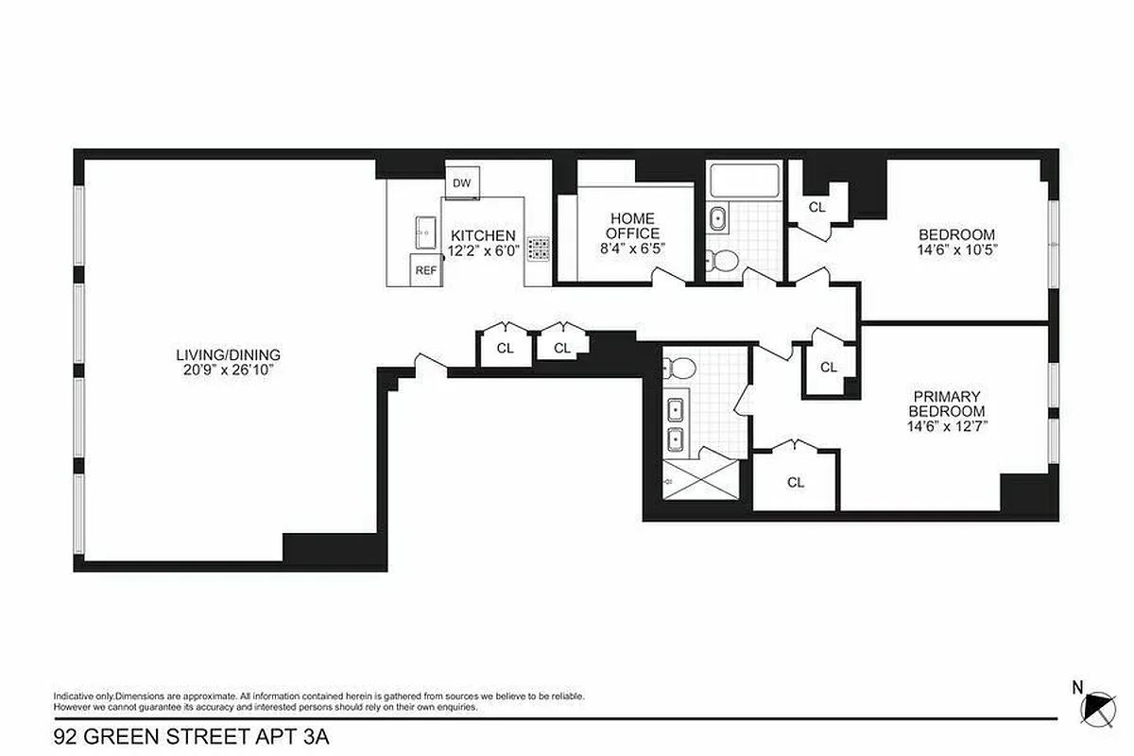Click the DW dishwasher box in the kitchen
[462, 183]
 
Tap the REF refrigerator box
[426, 269]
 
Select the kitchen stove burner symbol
[539, 249]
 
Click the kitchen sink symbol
[424, 231]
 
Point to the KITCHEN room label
[483, 236]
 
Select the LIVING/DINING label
[228, 355]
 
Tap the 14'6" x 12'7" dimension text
[946, 426]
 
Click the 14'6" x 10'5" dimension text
[956, 250]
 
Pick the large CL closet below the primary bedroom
[796, 482]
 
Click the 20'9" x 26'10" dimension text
[228, 369]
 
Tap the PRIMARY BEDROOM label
[946, 404]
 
